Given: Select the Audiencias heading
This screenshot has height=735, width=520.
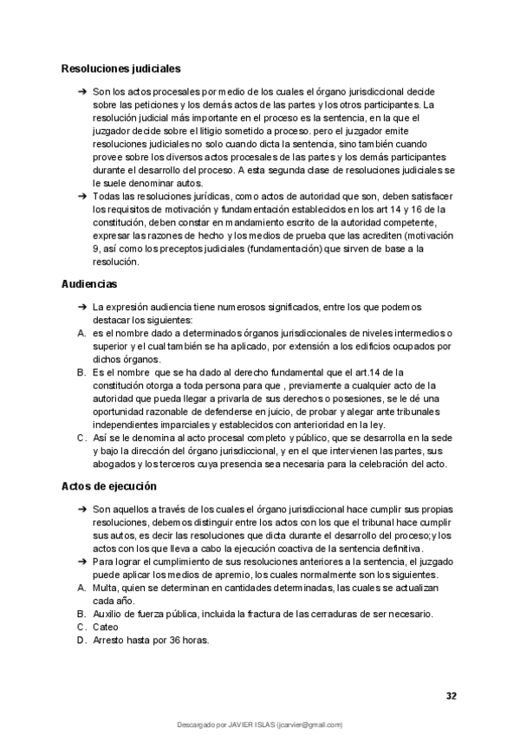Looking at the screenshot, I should click(x=90, y=284).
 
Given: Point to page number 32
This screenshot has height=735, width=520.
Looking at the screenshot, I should click(x=451, y=696).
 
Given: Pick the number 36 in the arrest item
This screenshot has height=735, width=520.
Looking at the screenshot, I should click(x=176, y=641).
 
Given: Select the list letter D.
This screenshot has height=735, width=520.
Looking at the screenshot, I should click(x=81, y=641).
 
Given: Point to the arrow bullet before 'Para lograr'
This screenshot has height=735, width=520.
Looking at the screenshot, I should click(x=81, y=562).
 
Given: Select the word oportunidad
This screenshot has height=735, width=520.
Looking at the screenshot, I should click(x=121, y=413).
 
